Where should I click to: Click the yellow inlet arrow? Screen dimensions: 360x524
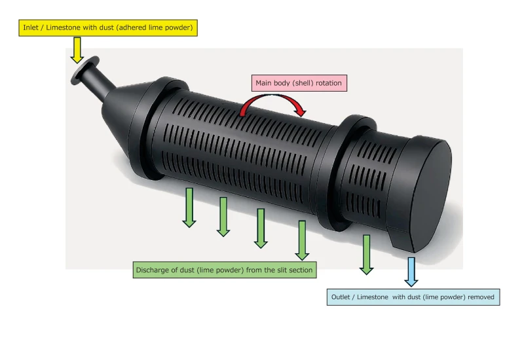77,50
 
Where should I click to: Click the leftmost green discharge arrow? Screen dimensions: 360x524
189,207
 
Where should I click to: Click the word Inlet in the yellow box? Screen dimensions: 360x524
31,27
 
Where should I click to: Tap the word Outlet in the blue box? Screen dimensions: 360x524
342,297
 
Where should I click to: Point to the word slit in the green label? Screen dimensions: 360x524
285,270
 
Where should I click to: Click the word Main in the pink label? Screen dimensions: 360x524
265,83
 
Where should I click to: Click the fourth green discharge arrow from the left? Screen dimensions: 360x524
302,240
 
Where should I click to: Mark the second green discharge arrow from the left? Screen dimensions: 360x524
223,217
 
